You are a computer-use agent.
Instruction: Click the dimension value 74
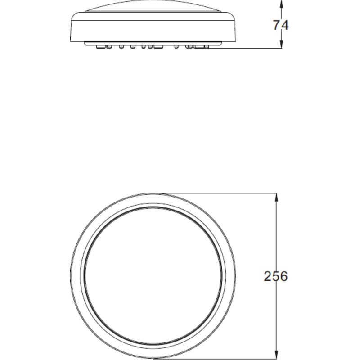click(x=281, y=25)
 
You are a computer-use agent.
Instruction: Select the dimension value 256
click(x=275, y=276)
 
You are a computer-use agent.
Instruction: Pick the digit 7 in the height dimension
click(x=277, y=25)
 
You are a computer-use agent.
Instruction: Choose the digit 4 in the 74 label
click(x=285, y=25)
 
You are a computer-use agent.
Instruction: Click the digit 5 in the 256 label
click(x=275, y=276)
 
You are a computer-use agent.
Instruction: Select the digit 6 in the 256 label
click(x=283, y=276)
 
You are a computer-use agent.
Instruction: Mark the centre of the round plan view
click(x=153, y=276)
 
